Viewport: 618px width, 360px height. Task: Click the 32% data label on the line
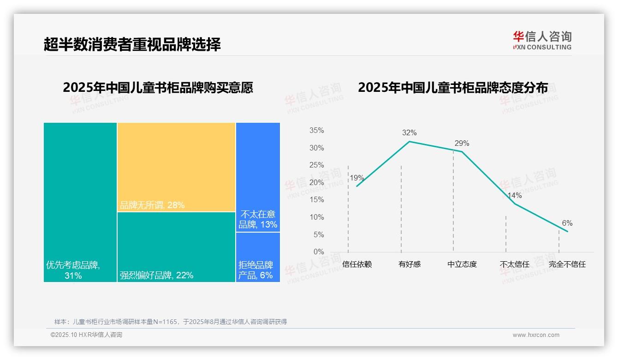pos(409,133)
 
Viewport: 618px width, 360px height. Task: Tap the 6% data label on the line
pos(567,223)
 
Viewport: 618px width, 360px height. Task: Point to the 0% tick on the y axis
pos(319,252)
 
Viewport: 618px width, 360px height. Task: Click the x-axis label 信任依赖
pos(357,264)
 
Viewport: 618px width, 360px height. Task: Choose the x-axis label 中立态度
pos(462,264)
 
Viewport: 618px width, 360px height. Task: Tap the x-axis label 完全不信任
pos(567,264)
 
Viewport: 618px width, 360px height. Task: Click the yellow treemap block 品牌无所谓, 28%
pos(176,167)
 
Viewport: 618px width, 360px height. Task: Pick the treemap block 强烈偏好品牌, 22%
pos(176,247)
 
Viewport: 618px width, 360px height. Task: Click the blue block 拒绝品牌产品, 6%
pos(258,257)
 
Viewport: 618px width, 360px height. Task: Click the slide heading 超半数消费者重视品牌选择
pos(132,44)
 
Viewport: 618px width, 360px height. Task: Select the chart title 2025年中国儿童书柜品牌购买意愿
pos(158,88)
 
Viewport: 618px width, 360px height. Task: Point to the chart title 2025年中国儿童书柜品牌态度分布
pos(453,88)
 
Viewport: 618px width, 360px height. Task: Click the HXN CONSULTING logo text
pos(542,47)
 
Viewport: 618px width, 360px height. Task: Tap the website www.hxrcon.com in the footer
pos(536,335)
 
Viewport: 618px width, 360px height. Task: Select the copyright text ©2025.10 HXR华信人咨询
pos(86,335)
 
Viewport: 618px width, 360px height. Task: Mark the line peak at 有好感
pos(410,141)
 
